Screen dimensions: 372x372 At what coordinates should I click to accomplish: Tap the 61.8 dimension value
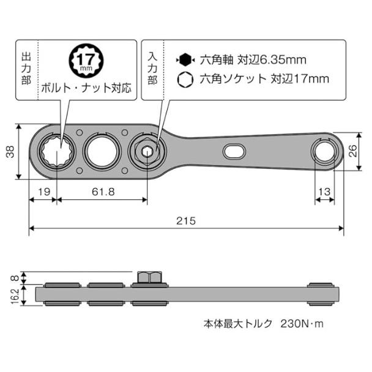coord(103,192)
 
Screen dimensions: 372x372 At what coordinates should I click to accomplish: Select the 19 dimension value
coord(43,192)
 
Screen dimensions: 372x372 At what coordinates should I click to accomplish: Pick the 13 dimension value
coord(324,192)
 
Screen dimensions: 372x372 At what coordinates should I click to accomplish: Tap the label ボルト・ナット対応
coord(86,87)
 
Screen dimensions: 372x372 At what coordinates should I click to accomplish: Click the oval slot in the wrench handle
coord(234,151)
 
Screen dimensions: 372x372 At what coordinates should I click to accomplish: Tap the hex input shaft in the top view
coord(147,152)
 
